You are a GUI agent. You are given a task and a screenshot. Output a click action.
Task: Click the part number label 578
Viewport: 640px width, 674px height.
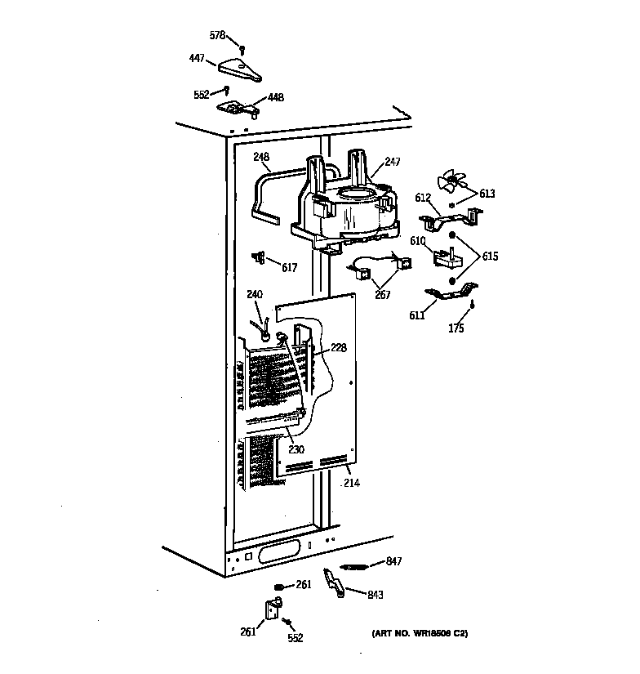(216, 35)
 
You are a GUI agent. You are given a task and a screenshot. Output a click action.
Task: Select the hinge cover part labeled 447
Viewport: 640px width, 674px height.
(239, 69)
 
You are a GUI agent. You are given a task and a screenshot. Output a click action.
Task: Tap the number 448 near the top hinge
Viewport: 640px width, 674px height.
(276, 97)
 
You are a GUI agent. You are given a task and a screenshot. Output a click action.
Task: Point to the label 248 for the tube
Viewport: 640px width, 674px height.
(261, 157)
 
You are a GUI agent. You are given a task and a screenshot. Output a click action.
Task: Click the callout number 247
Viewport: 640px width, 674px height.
(393, 163)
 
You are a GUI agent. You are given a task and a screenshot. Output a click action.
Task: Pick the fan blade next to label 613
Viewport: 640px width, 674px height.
(451, 183)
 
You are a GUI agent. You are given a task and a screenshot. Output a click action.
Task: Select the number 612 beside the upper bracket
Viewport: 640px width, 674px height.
(423, 198)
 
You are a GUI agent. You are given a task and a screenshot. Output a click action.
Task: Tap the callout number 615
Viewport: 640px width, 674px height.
(489, 257)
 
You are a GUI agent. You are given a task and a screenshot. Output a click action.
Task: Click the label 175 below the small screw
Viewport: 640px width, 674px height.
(456, 328)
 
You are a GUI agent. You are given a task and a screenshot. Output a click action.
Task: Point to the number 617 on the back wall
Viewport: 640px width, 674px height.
(289, 267)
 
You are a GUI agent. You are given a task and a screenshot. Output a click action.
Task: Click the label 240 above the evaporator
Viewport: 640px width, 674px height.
(255, 295)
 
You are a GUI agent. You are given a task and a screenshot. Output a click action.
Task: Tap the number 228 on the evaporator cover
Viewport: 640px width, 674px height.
(338, 348)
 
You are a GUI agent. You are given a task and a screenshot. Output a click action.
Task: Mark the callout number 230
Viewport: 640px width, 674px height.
(296, 449)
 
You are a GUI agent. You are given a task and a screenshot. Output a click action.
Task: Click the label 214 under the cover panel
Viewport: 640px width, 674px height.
(351, 483)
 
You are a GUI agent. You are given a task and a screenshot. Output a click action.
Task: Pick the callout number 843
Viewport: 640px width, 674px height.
(375, 595)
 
